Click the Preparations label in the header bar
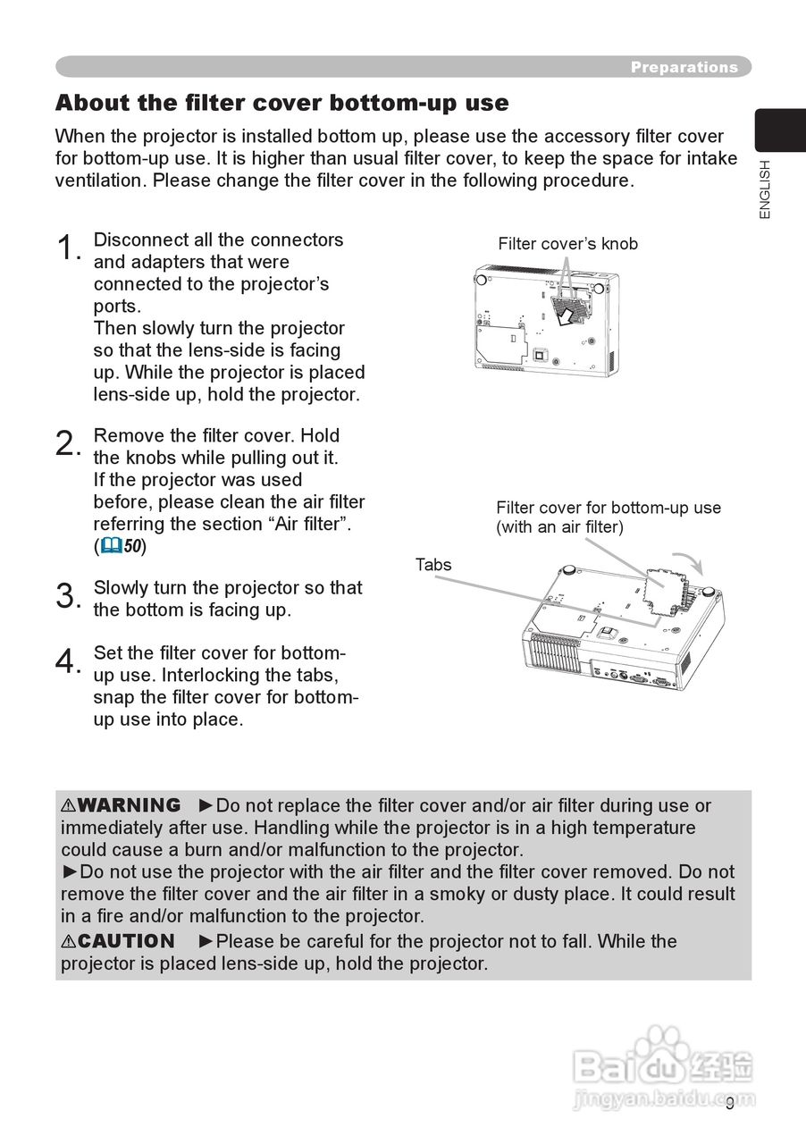684,67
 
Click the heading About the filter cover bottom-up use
281,103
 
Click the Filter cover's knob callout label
567,244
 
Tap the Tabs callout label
433,565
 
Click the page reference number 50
133,546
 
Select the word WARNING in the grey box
128,806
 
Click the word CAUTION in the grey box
125,942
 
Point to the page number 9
730,1104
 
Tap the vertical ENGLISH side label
764,189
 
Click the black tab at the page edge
779,130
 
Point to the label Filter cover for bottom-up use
609,508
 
